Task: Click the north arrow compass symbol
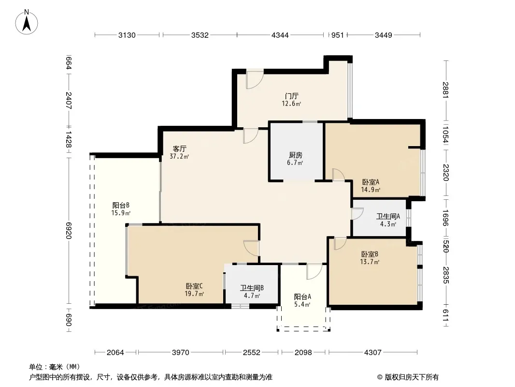coord(27,22)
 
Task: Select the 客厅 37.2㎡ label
coord(179,152)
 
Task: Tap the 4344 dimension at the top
coord(280,35)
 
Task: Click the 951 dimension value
coord(337,35)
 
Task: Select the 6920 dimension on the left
coord(69,230)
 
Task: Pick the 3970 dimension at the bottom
coord(181,353)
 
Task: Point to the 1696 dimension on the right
coord(445,218)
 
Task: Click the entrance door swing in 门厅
coord(255,80)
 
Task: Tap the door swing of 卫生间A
coord(358,214)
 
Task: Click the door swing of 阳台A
coord(315,272)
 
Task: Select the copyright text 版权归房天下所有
coord(412,377)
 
